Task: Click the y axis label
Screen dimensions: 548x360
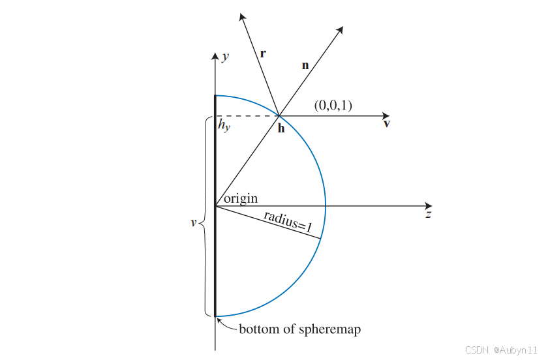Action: coord(226,57)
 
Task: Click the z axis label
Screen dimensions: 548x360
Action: coord(428,214)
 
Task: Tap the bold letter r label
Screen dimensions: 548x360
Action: coord(262,53)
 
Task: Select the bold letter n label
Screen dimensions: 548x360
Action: coord(305,66)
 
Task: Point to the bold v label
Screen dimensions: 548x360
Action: coord(387,123)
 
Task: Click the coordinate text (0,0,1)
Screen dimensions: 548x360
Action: coord(333,105)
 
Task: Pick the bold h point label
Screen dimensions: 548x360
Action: coord(281,128)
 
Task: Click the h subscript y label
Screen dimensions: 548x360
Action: coord(224,125)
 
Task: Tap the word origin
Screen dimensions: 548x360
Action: coord(241,198)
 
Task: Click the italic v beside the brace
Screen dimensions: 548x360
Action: coord(193,222)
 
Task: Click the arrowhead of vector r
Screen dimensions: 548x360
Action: coord(242,16)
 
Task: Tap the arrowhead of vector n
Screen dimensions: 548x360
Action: coord(341,30)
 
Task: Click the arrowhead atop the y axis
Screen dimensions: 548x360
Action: coord(215,55)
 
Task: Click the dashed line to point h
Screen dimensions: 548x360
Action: coord(248,116)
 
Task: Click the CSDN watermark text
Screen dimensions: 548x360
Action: coord(501,350)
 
